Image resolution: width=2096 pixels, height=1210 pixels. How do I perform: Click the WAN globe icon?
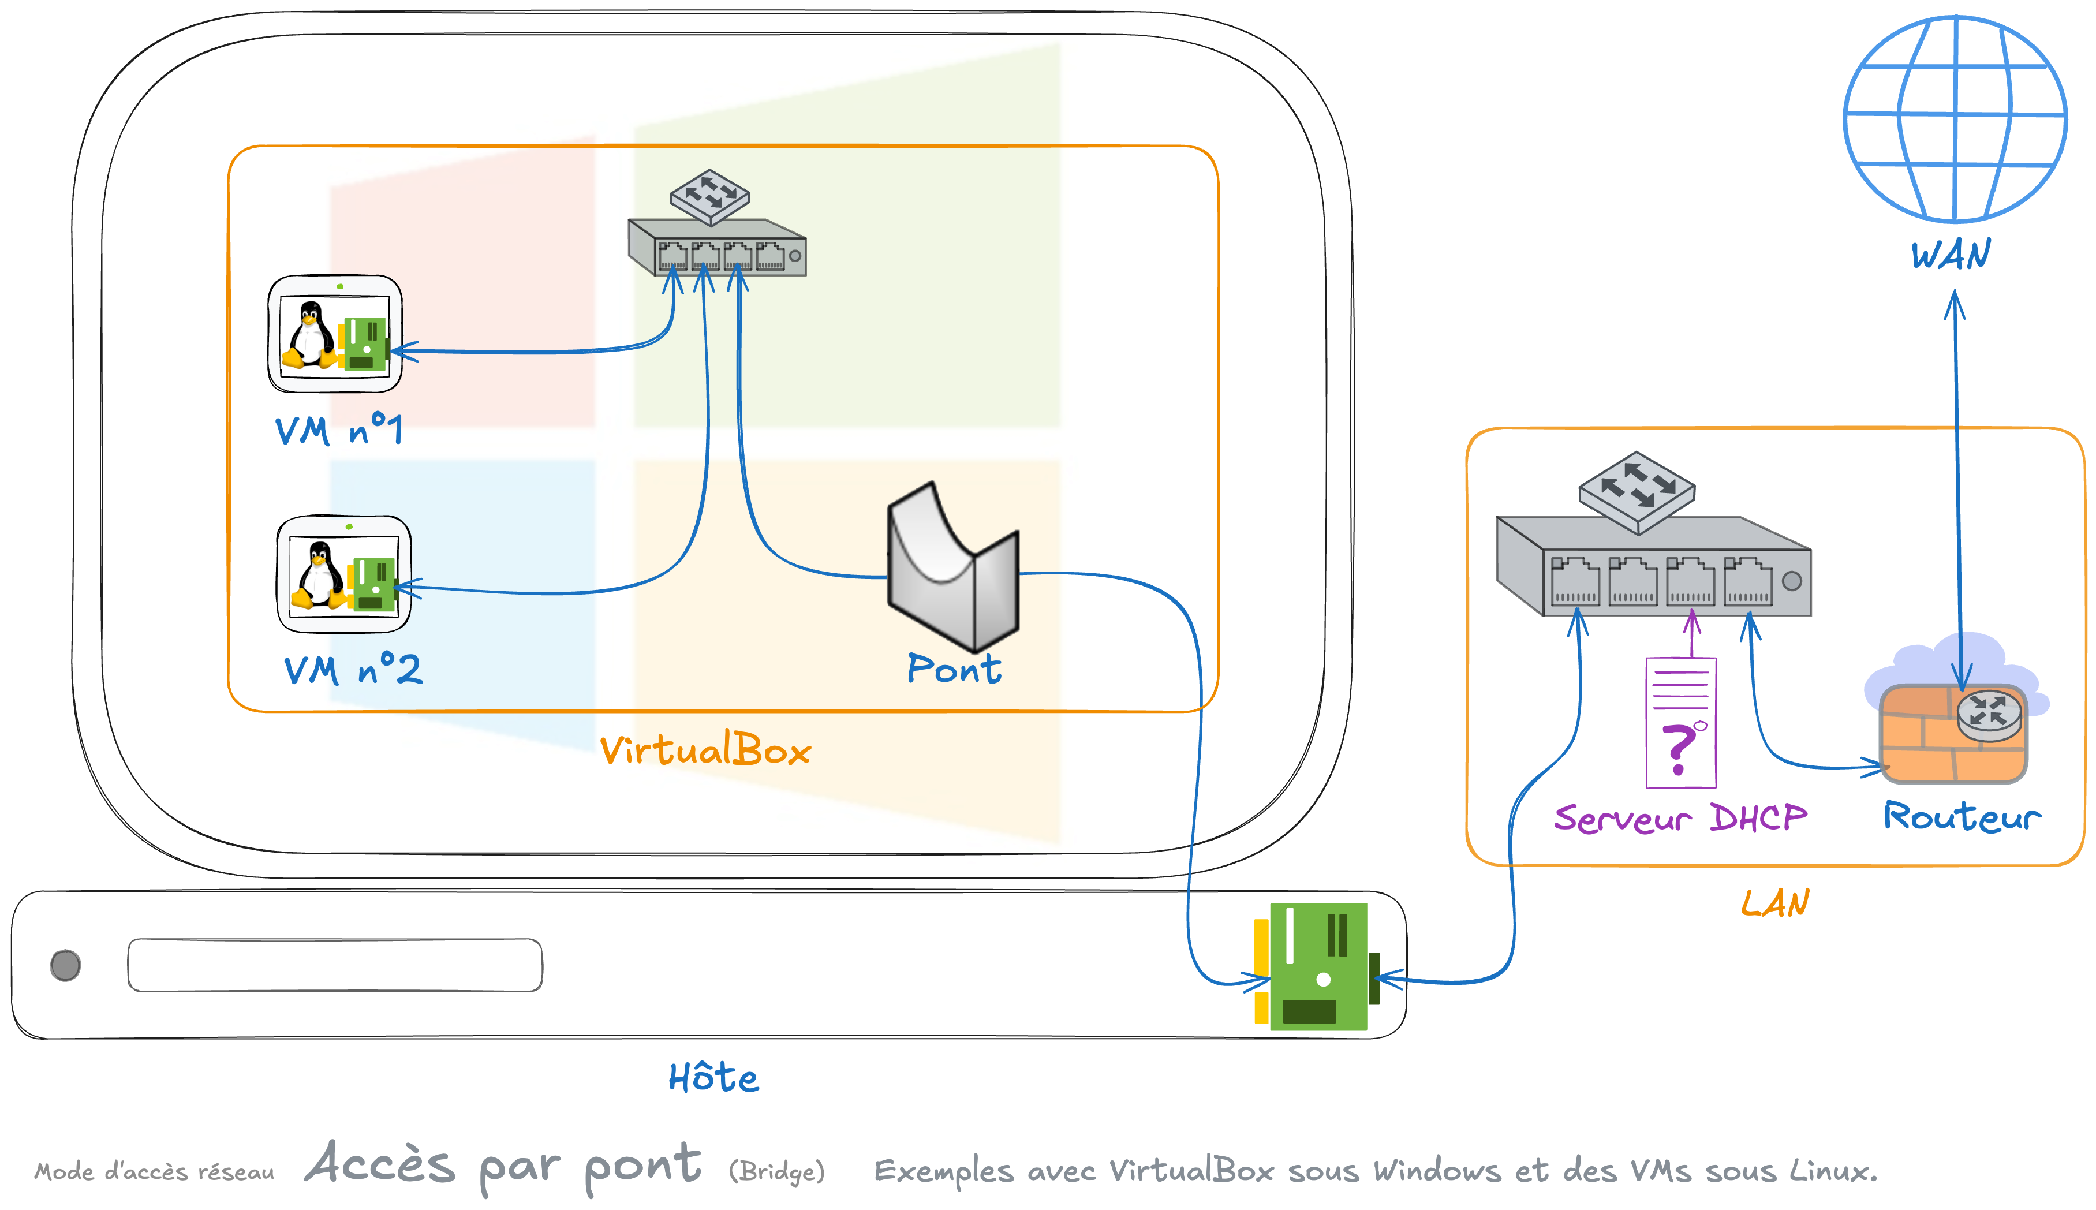pos(1955,119)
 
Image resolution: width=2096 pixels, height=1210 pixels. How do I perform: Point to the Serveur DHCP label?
pos(1680,818)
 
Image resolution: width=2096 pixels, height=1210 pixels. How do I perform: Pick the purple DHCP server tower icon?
pos(1680,722)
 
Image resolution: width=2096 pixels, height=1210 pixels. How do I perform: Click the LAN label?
pos(1774,903)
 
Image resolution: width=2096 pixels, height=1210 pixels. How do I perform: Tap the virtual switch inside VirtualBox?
pos(716,229)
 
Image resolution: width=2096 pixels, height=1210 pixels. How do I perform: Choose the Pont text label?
pos(954,669)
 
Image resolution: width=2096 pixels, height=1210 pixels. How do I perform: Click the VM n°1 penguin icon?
pos(335,334)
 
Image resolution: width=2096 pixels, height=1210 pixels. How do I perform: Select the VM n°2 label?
pos(352,669)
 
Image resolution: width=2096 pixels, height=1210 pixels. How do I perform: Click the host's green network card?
pos(1313,966)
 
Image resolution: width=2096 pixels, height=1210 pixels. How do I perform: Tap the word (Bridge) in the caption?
pos(777,1172)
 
